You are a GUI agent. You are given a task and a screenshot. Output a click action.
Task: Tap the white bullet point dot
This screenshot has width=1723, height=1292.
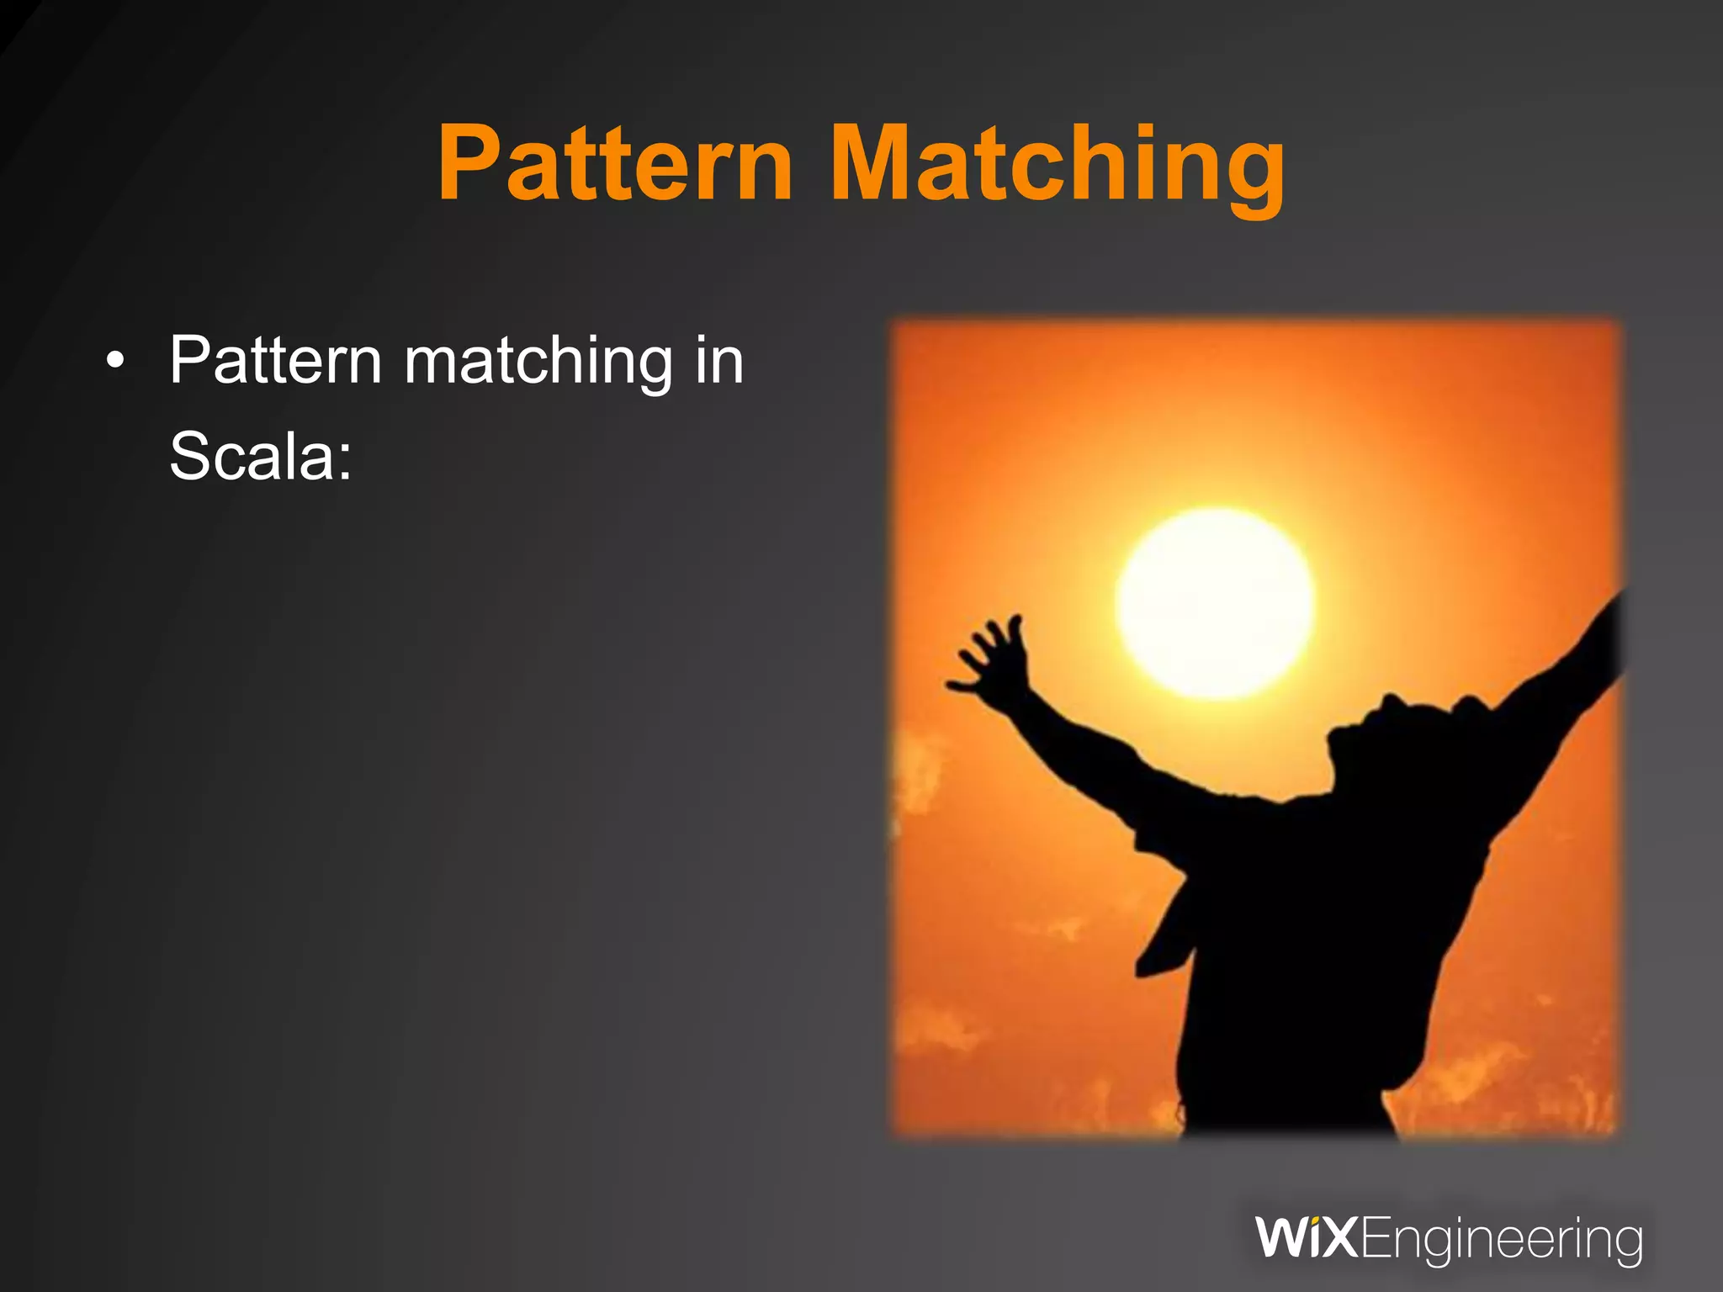pyautogui.click(x=115, y=363)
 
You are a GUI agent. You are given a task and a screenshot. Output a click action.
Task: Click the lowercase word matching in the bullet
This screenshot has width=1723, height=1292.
pyautogui.click(x=538, y=362)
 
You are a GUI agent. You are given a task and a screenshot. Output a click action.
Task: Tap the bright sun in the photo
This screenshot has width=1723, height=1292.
pyautogui.click(x=1215, y=602)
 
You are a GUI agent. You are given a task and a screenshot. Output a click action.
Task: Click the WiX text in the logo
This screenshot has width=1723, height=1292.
pyautogui.click(x=1306, y=1238)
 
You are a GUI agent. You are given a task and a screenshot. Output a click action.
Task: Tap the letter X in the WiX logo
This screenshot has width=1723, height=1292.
pyautogui.click(x=1339, y=1238)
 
